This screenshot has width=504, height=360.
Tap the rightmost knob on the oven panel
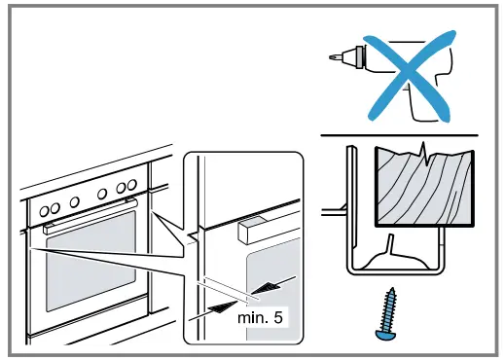tap(131, 185)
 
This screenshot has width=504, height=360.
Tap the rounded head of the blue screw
tap(384, 335)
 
